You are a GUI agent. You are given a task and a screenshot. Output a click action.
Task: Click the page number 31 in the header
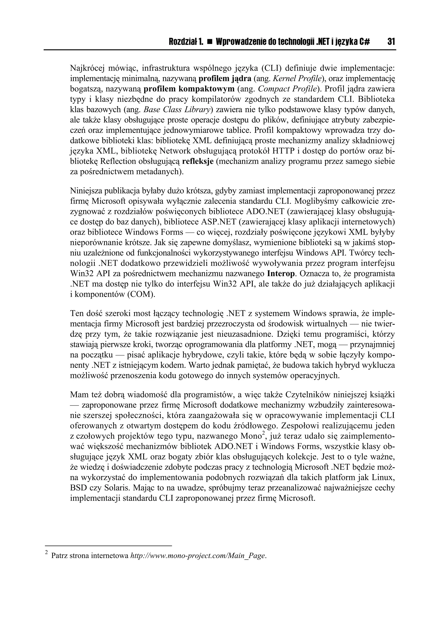point(391,42)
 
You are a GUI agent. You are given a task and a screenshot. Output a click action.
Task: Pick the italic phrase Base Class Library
point(177,110)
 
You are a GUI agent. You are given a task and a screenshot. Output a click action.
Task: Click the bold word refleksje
point(198,162)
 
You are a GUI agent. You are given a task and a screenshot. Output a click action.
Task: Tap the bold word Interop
point(281,274)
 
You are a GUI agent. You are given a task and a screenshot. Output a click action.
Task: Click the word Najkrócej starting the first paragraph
point(87,68)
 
